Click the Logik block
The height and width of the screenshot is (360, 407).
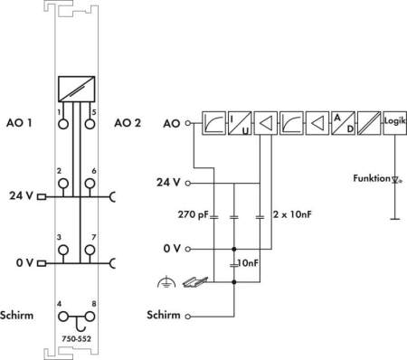[x=395, y=123]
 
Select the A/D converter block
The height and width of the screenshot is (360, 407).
[x=343, y=123]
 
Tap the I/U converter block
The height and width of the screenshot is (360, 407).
[x=240, y=123]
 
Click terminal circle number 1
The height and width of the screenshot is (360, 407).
[x=63, y=124]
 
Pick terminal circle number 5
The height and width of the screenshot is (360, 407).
[x=90, y=124]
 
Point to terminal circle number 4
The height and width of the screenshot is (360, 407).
[x=63, y=317]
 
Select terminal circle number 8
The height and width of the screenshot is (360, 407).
[x=90, y=317]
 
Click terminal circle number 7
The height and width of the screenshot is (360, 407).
[x=90, y=250]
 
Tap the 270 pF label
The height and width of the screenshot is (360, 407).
[x=194, y=214]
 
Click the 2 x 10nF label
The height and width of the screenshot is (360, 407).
[x=292, y=214]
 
